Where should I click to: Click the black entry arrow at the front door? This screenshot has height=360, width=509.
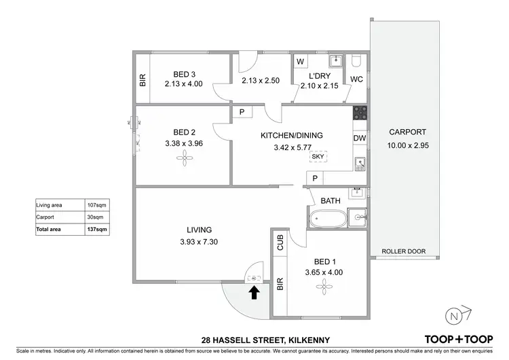coord(254,292)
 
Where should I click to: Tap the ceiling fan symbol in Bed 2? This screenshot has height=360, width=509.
coord(184,158)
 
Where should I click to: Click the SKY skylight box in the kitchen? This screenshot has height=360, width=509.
coord(317,157)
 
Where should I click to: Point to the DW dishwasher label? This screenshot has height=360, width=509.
coord(360,138)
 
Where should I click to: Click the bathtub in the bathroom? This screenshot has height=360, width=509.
coord(327,219)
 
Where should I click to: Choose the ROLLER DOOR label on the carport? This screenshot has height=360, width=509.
coord(403,251)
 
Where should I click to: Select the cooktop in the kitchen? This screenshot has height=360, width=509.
coord(360,113)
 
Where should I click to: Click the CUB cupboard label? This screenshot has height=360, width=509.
coord(280,242)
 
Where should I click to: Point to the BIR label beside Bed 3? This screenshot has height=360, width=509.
coord(143,80)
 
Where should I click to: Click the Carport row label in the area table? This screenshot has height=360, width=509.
coord(45,217)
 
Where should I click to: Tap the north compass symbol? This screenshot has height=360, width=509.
coord(456,314)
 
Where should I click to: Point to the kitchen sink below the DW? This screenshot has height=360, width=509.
coord(360,163)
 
